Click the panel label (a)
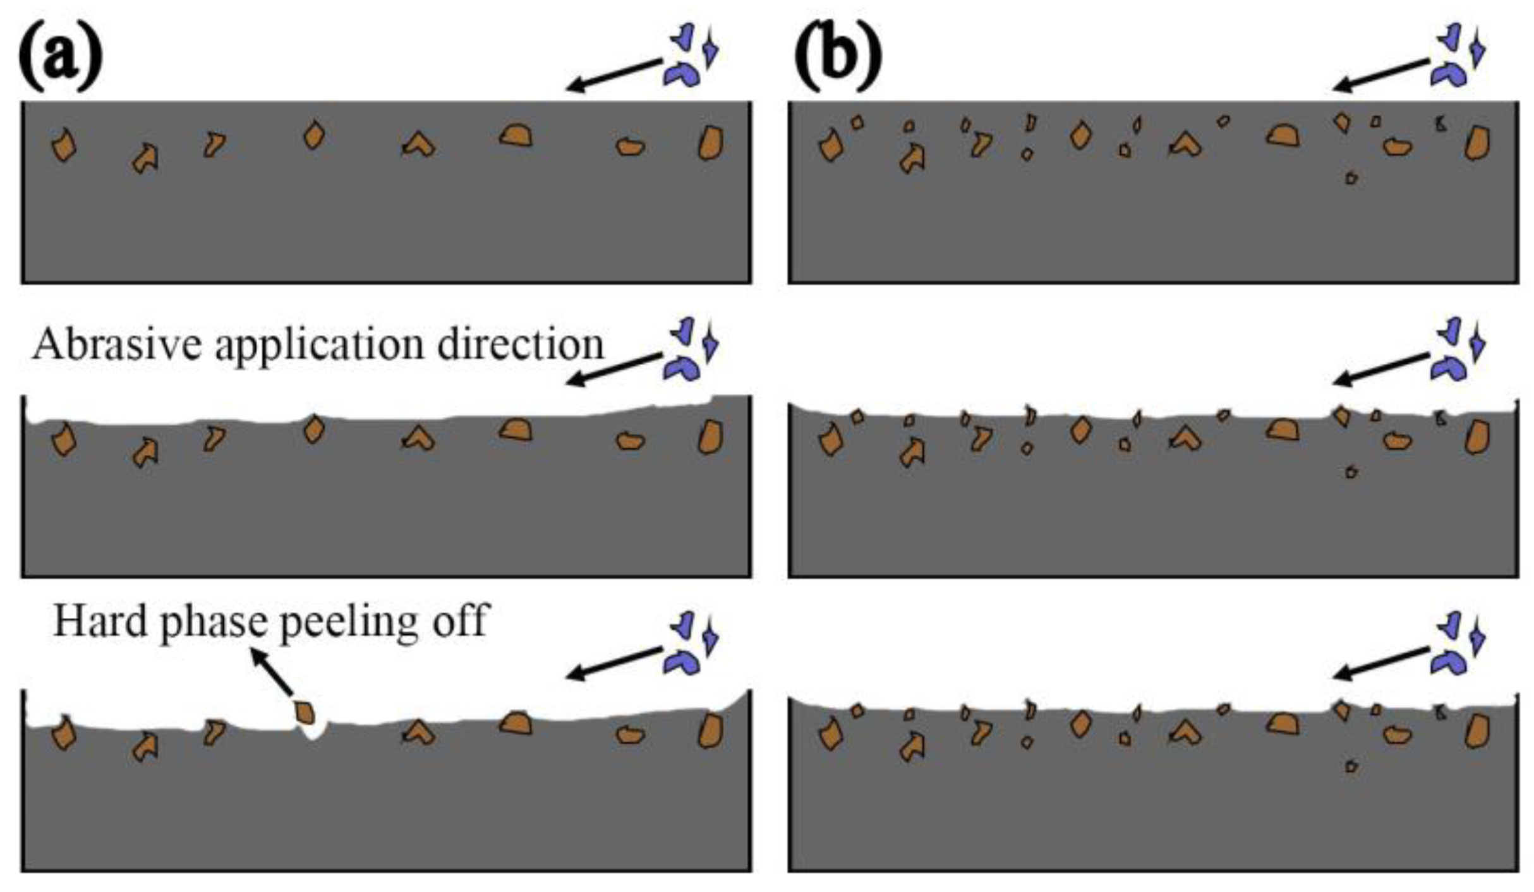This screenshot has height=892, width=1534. (x=61, y=58)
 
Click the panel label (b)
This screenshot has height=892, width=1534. (x=837, y=58)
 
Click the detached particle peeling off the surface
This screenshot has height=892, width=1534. (x=305, y=713)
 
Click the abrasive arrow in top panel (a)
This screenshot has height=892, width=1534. (x=613, y=75)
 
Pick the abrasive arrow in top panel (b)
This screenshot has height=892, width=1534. (x=1380, y=75)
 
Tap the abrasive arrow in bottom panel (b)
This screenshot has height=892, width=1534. (x=1380, y=663)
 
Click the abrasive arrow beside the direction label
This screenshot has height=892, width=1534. (x=613, y=369)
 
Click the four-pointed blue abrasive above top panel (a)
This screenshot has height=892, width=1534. (x=710, y=48)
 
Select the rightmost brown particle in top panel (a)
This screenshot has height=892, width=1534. (x=711, y=143)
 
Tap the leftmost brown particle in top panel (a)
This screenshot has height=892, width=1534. (x=64, y=146)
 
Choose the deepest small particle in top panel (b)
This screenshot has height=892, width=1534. (x=1351, y=178)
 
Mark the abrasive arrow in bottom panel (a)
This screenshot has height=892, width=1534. (x=613, y=663)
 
